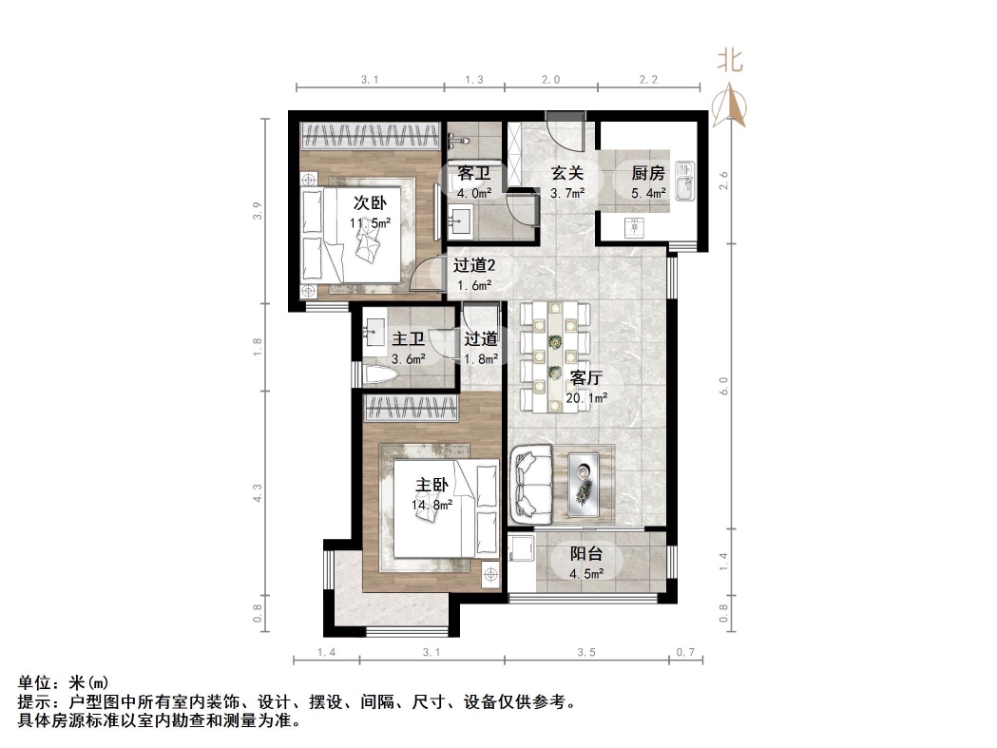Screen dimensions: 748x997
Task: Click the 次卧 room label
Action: coord(370,202)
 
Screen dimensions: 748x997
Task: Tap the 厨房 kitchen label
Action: coord(648,174)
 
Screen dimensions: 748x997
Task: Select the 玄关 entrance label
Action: coord(568,174)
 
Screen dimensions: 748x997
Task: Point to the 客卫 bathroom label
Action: coord(473,174)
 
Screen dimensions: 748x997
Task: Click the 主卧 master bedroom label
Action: coord(431,485)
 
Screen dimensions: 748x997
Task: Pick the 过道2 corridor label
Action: coord(473,266)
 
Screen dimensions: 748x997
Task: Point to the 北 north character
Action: coord(730,62)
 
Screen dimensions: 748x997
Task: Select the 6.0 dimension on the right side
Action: coord(724,386)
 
